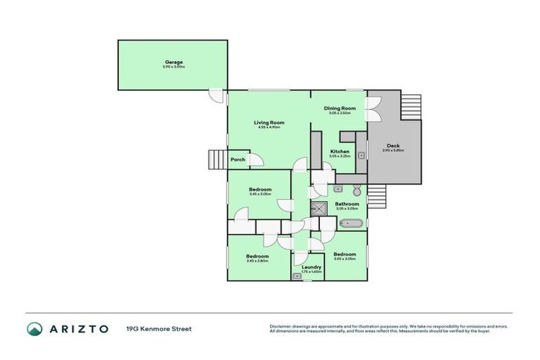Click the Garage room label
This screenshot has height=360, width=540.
174,62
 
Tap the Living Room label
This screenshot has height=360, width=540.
269,122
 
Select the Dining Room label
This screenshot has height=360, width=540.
340,108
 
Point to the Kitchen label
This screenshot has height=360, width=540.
340,152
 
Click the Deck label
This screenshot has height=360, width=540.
393,146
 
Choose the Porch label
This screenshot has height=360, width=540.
238,160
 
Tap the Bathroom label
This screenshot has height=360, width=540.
347,204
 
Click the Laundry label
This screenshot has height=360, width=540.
311,266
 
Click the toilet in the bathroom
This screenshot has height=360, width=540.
356,190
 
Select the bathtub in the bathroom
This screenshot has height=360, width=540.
351,224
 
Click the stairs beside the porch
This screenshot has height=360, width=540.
217,160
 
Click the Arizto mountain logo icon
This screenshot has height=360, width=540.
34,328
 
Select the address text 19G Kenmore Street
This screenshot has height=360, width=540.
159,328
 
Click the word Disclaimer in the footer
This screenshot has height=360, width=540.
281,326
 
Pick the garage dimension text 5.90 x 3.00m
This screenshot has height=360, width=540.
174,67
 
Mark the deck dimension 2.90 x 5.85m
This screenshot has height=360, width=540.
393,150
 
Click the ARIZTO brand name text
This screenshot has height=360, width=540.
78,328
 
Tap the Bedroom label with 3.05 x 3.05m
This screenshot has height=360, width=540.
345,255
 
